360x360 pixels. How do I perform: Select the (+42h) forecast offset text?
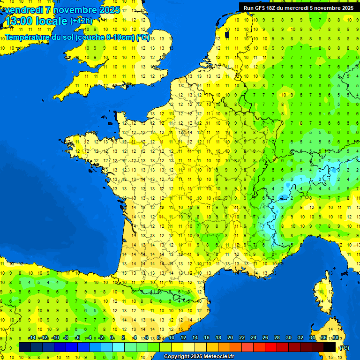pos(81,21)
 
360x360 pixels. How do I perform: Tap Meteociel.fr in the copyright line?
pos(219,357)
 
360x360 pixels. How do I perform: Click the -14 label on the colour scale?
pos(32,338)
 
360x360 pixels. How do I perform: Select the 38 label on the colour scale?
pos(335,338)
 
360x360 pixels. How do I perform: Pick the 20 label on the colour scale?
pos(230,338)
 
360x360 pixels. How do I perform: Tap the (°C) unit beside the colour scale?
pos(344,347)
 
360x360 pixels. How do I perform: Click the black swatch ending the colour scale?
pos(330,347)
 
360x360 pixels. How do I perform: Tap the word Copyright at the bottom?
pos(178,357)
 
